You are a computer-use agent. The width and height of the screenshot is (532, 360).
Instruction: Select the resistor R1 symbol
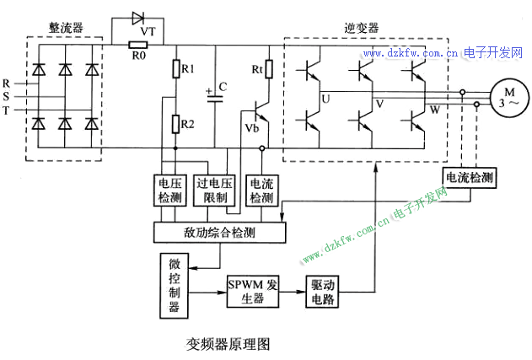pyautogui.click(x=175, y=67)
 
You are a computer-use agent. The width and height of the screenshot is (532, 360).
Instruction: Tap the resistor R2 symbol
pyautogui.click(x=175, y=125)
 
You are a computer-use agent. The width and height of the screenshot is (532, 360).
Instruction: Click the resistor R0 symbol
pyautogui.click(x=137, y=46)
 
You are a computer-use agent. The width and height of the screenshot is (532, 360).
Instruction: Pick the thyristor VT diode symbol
pyautogui.click(x=140, y=18)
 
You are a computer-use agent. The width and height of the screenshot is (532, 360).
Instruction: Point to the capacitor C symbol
pyautogui.click(x=217, y=95)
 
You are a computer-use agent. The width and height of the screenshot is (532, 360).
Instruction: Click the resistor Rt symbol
pyautogui.click(x=268, y=68)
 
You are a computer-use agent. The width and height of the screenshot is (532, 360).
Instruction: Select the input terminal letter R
pyautogui.click(x=6, y=84)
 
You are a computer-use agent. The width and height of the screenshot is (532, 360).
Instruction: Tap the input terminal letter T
pyautogui.click(x=6, y=110)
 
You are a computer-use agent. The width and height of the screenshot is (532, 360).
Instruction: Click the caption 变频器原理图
pyautogui.click(x=228, y=344)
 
